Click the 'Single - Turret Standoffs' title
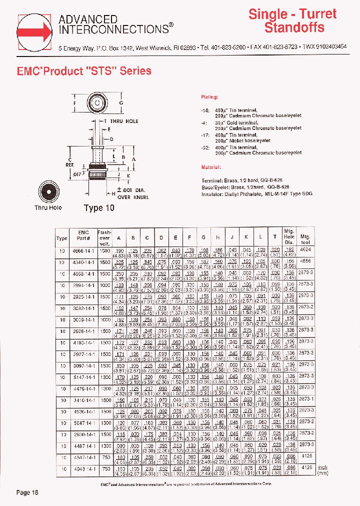tap(292, 20)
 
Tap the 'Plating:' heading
tap(210, 97)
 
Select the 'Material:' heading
tap(210, 167)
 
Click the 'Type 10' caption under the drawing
tap(99, 207)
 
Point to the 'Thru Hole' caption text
tap(48, 207)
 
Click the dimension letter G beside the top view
tap(120, 103)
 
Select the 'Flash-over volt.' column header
tap(104, 238)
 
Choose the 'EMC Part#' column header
tap(83, 235)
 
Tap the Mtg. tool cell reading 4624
tap(305, 248)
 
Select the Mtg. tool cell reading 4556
tap(305, 260)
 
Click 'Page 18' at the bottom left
tap(27, 492)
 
